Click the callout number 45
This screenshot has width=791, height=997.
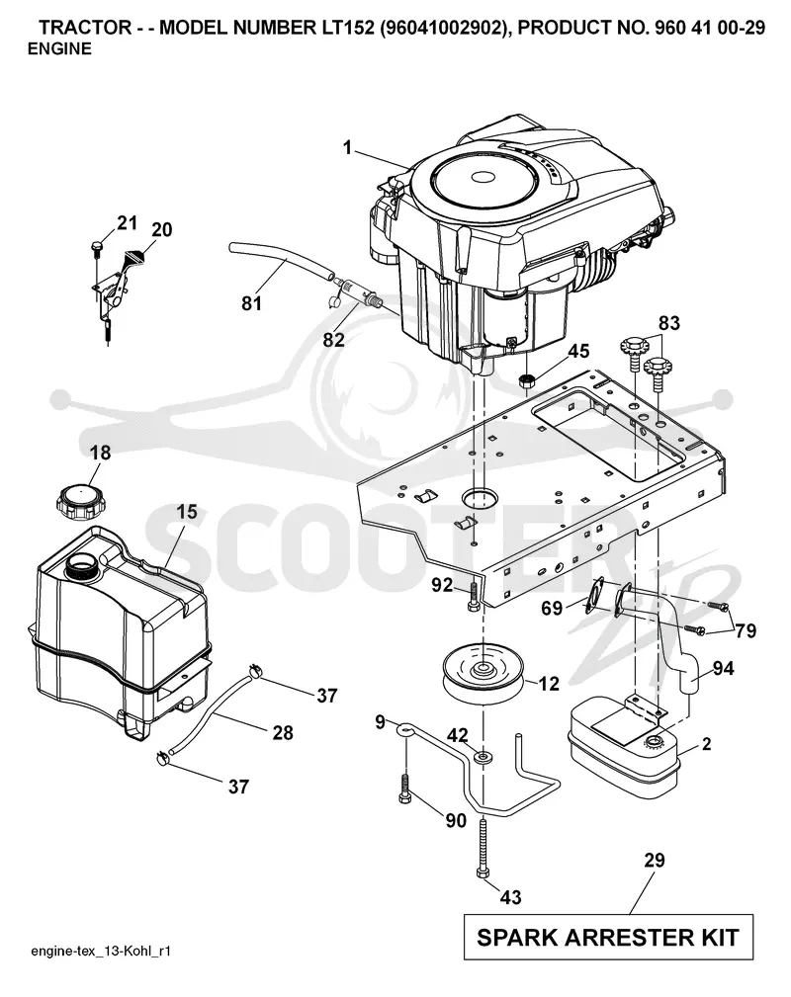click(577, 351)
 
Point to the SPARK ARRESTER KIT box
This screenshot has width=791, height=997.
click(608, 938)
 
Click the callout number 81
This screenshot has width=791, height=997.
click(252, 303)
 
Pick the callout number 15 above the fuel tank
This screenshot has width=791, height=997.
click(187, 512)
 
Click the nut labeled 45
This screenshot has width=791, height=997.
click(526, 381)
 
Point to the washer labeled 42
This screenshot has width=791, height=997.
click(483, 757)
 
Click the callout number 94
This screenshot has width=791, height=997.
click(723, 668)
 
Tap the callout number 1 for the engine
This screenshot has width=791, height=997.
click(347, 147)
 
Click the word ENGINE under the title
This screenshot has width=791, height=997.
click(59, 49)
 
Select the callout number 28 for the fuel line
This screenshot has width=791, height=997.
click(283, 733)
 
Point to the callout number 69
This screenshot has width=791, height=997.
click(551, 609)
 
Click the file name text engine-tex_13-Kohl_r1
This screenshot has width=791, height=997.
click(101, 952)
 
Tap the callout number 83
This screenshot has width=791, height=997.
click(668, 323)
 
